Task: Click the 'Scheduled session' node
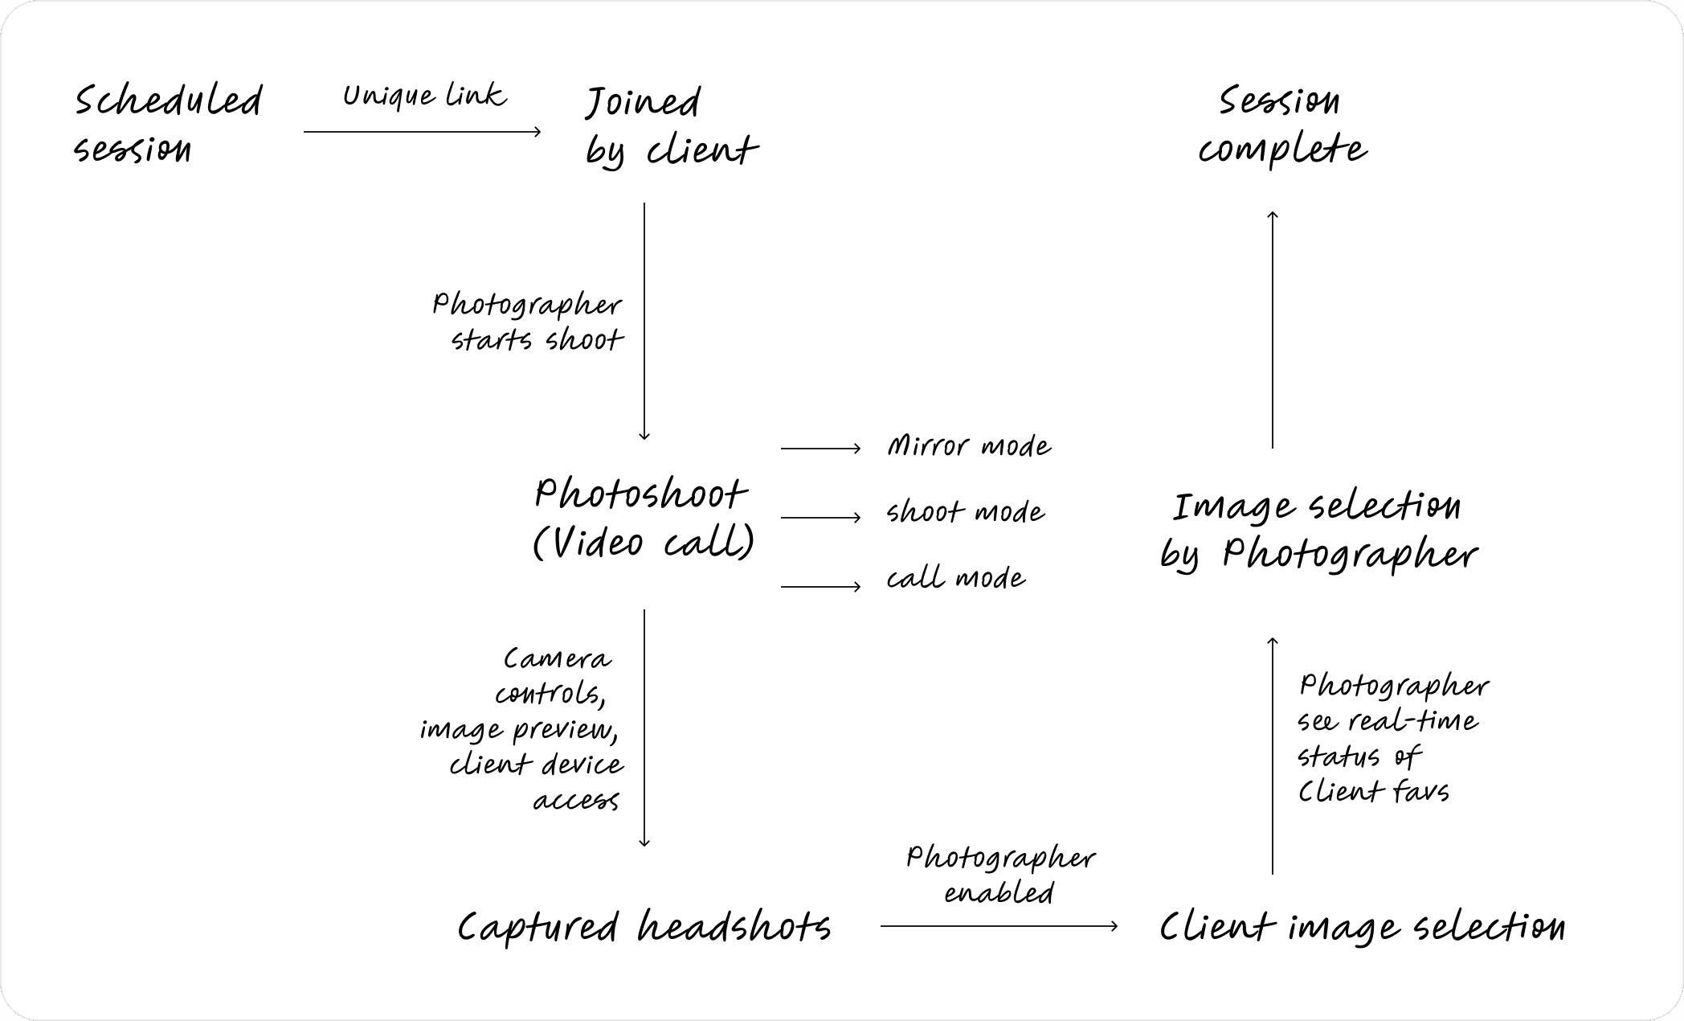pyautogui.click(x=167, y=125)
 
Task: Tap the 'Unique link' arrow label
pyautogui.click(x=424, y=96)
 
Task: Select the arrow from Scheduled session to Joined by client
pyautogui.click(x=422, y=132)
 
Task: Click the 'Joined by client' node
pyautogui.click(x=671, y=126)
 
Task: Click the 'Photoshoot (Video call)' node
pyautogui.click(x=643, y=519)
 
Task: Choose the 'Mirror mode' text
pyautogui.click(x=969, y=446)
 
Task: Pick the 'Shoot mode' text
pyautogui.click(x=965, y=512)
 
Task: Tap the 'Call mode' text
pyautogui.click(x=955, y=578)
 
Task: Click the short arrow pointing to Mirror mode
pyautogui.click(x=820, y=449)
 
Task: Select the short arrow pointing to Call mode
pyautogui.click(x=820, y=587)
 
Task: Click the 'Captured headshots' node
pyautogui.click(x=644, y=927)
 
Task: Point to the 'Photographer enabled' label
pyautogui.click(x=1000, y=875)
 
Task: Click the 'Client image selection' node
pyautogui.click(x=1362, y=927)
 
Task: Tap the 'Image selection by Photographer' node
pyautogui.click(x=1318, y=531)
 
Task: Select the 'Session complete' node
pyautogui.click(x=1281, y=126)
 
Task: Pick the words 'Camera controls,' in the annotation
pyautogui.click(x=554, y=676)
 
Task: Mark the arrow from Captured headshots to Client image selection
pyautogui.click(x=999, y=926)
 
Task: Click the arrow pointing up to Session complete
pyautogui.click(x=1273, y=330)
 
